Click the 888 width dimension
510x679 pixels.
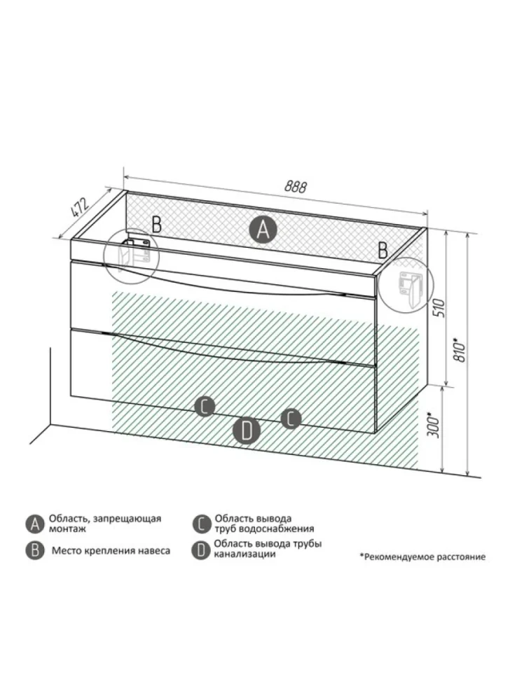(x=296, y=187)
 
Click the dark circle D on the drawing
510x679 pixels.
(x=247, y=431)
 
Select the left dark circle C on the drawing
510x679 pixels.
(x=205, y=406)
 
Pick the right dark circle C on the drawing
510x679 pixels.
(x=291, y=419)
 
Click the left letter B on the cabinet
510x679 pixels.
(x=156, y=224)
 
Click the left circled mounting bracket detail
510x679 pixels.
(x=132, y=256)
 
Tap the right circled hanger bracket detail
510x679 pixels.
(x=406, y=284)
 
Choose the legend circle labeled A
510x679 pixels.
(x=34, y=524)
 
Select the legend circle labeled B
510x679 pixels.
(x=34, y=551)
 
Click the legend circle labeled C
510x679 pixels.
(x=200, y=524)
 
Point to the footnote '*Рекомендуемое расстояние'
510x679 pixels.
(x=422, y=556)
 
